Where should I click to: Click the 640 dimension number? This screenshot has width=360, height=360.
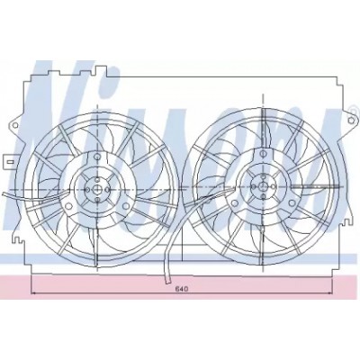point(181,289)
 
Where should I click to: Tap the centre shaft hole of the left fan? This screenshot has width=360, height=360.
point(97,190)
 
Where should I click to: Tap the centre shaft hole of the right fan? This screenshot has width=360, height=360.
point(263,186)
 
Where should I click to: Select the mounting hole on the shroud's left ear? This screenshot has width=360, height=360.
point(15,125)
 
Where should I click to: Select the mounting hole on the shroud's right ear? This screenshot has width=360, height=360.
point(350,121)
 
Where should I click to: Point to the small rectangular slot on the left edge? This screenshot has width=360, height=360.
point(11,162)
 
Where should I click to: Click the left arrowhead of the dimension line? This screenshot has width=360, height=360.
point(33,292)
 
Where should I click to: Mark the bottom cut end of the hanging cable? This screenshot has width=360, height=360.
point(167,282)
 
